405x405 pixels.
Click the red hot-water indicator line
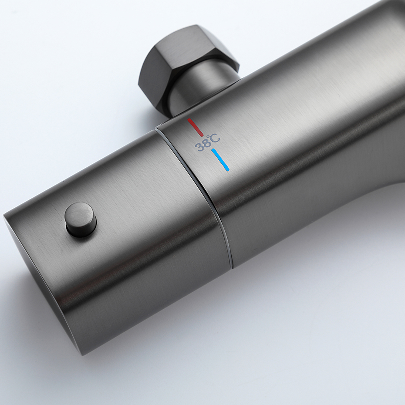(196, 127)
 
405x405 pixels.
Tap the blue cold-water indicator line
(221, 160)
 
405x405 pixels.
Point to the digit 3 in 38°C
(199, 148)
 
